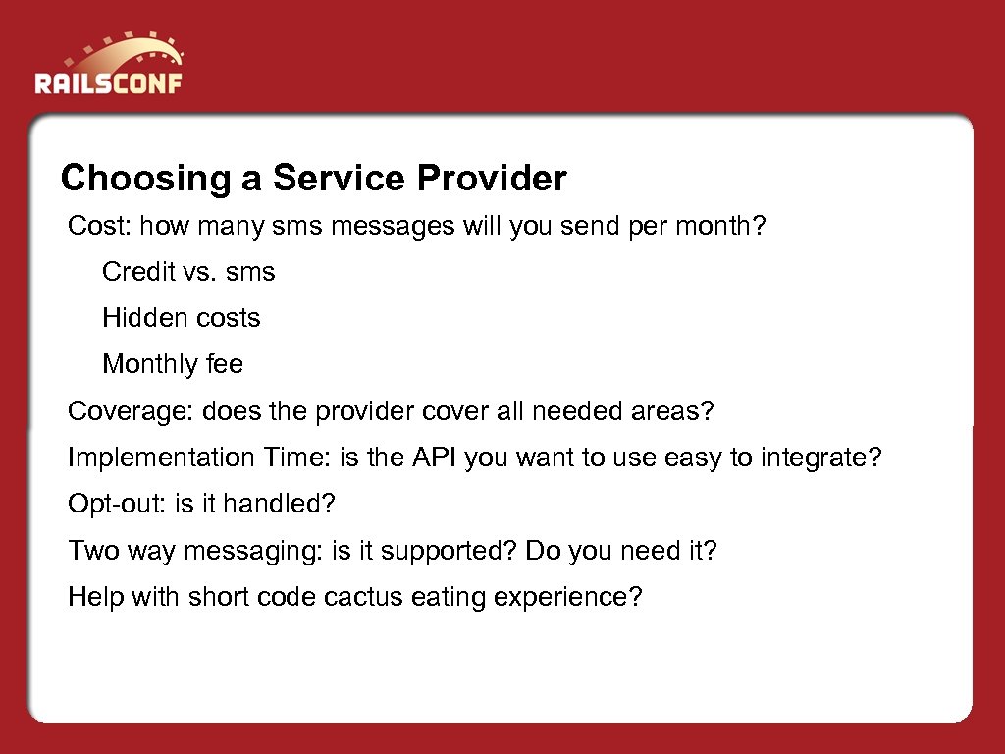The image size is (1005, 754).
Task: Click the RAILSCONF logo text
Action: pyautogui.click(x=108, y=81)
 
